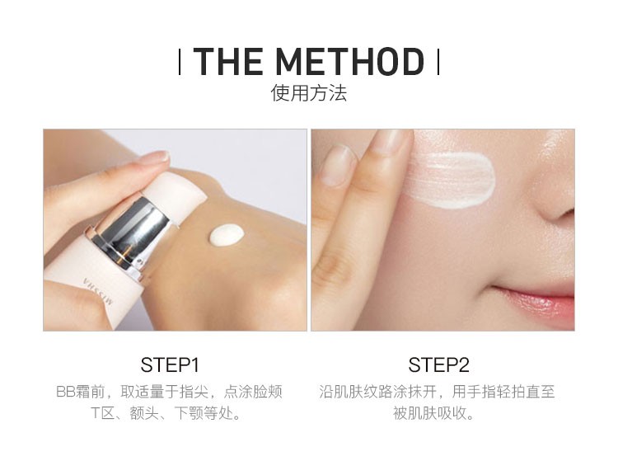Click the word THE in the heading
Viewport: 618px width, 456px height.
pos(228,61)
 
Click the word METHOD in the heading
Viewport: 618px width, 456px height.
pos(350,61)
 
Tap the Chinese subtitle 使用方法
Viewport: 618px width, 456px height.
pos(309,93)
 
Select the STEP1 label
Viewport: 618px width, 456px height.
pos(170,364)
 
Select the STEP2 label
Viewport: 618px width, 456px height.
pos(438,364)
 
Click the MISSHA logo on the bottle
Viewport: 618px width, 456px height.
pos(98,291)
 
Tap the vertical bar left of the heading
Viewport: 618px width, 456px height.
pos(180,62)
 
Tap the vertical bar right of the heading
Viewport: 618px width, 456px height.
pos(438,62)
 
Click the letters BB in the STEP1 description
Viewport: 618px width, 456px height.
pos(65,392)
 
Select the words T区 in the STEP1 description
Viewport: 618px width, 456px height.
pos(101,413)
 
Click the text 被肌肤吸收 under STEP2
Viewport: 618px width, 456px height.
pos(429,413)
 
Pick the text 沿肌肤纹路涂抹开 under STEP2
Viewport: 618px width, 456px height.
pos(377,392)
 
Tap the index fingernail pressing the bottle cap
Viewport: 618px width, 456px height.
pos(155,157)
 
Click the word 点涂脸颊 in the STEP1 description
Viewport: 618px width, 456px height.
pos(253,392)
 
